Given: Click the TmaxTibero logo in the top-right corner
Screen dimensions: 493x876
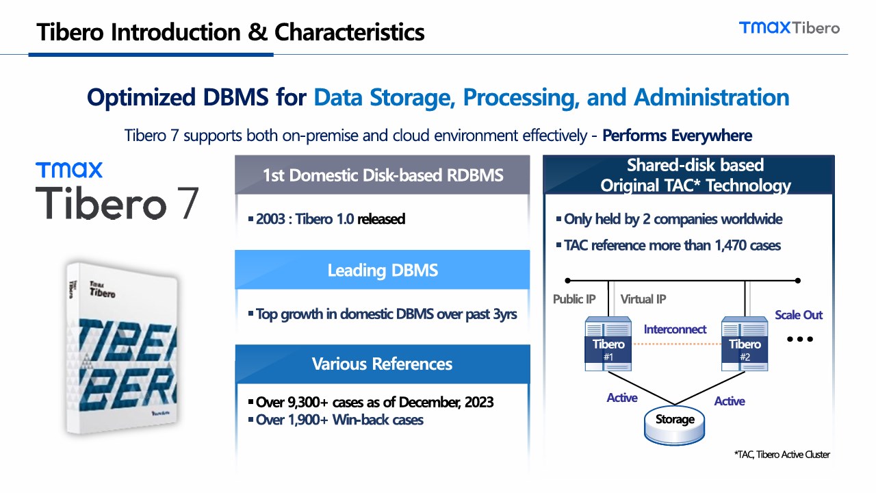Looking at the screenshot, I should (x=789, y=27).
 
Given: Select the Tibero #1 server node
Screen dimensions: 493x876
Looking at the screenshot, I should (x=608, y=344).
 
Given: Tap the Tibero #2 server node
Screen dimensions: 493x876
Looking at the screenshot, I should (x=745, y=344).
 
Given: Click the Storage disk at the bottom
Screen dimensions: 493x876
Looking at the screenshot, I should (x=675, y=421).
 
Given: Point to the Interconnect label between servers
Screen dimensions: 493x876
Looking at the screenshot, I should (x=675, y=329).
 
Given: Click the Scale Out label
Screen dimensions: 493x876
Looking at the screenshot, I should (x=798, y=315).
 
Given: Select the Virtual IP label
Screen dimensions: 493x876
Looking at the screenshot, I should (x=643, y=299).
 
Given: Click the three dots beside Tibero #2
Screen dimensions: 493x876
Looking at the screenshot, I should (x=800, y=339).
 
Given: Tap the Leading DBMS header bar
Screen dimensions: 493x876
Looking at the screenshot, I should (x=382, y=270).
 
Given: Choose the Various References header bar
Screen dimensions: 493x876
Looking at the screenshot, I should (x=382, y=364).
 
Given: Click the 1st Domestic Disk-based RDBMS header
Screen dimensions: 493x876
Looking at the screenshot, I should (x=382, y=175).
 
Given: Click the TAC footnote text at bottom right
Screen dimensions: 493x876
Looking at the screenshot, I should (x=782, y=455).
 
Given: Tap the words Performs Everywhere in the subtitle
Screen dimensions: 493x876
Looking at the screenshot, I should (x=677, y=136).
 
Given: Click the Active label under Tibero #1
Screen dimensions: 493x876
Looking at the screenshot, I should (x=621, y=398).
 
